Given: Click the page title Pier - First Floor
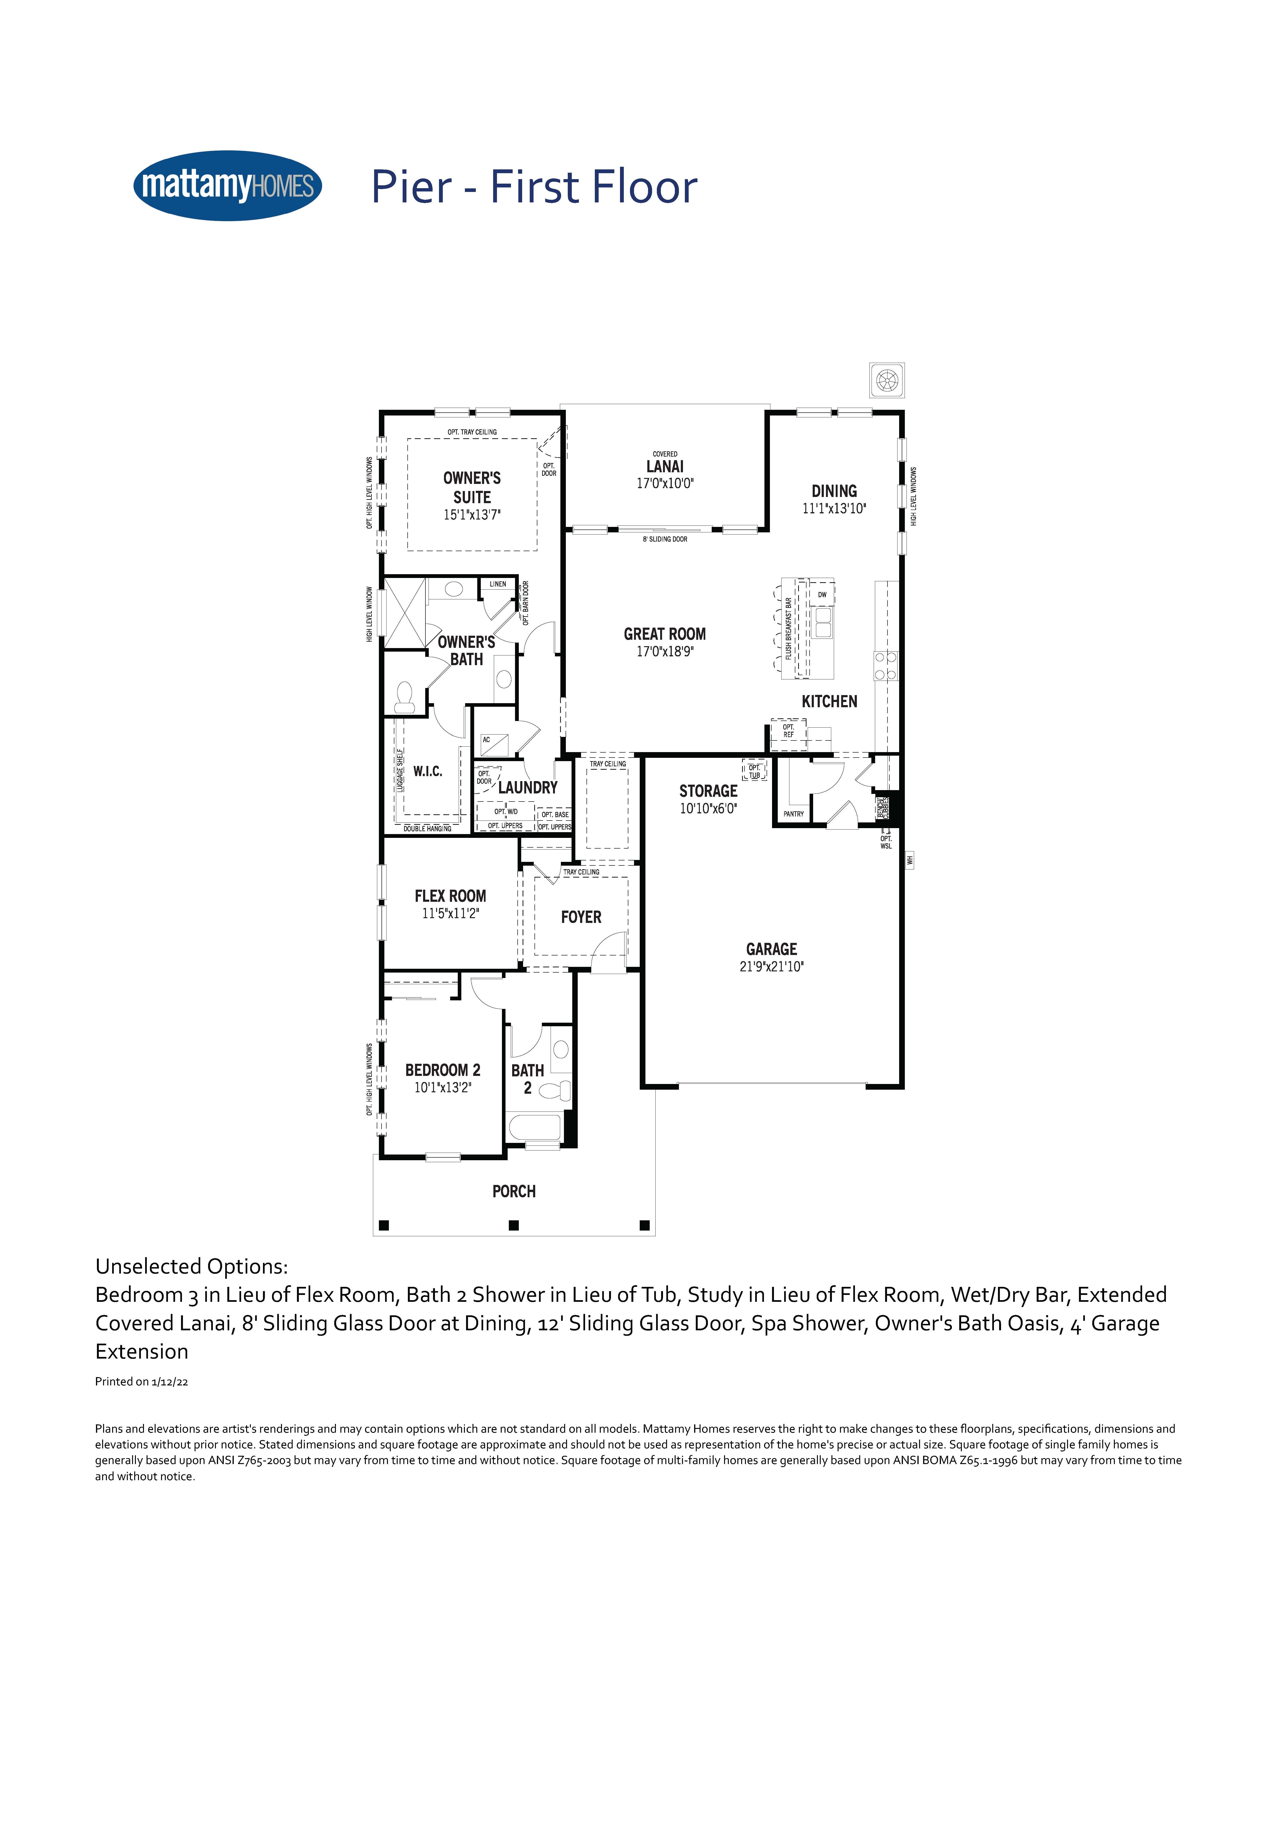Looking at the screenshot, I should tap(534, 187).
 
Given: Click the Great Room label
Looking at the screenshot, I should tap(665, 634).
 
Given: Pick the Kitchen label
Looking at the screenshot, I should tap(830, 702).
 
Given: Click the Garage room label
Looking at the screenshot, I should tap(771, 949).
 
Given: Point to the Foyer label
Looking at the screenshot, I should tap(581, 917).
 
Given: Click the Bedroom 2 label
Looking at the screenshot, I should tap(443, 1070).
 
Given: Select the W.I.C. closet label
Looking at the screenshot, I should tap(428, 772).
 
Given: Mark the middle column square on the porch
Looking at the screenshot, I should tap(513, 1225).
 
